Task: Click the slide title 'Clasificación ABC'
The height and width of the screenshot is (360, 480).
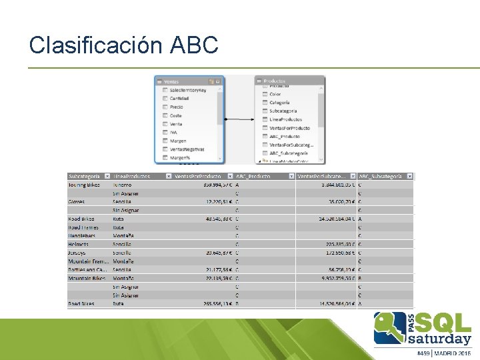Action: pos(124,45)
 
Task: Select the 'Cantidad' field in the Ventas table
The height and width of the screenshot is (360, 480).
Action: pos(179,99)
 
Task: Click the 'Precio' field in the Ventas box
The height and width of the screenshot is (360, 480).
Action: pos(177,107)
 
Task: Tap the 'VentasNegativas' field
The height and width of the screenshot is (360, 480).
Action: pos(187,149)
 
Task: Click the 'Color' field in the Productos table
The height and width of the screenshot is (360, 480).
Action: pos(275,95)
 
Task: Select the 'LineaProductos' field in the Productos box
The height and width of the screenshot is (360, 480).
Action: pos(286,119)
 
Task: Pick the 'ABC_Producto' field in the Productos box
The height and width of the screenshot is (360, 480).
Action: pos(285,136)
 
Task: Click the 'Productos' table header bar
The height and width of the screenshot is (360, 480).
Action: pos(290,81)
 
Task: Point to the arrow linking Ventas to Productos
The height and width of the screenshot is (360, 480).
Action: pos(240,119)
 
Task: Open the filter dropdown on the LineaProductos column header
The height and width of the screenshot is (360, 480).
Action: pos(167,177)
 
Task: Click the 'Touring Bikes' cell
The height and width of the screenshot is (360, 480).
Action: pos(84,185)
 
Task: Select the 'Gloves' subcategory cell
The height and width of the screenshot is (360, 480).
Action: pos(77,201)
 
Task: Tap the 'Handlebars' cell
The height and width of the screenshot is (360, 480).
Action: pos(82,235)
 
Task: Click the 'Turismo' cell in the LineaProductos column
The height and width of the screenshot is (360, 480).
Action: pos(122,185)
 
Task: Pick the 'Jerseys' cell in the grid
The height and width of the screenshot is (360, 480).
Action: pos(77,253)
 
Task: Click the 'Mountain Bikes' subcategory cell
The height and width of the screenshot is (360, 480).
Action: pos(86,278)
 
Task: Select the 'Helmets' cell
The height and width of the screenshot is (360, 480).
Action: pos(78,244)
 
